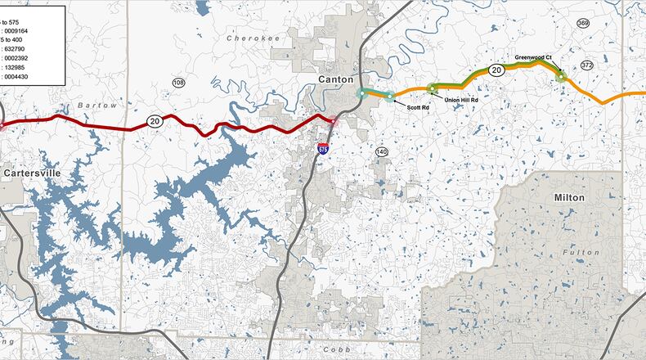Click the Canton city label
[x=336, y=79]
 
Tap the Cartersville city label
[x=32, y=173]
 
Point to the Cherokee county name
[x=248, y=38]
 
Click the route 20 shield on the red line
[x=154, y=121]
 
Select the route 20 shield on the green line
[x=496, y=71]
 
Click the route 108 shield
[x=179, y=83]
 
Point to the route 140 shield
[x=382, y=152]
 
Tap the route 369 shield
[x=583, y=23]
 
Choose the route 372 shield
[x=587, y=65]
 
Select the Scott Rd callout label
[x=419, y=107]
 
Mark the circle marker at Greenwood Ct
[x=561, y=77]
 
